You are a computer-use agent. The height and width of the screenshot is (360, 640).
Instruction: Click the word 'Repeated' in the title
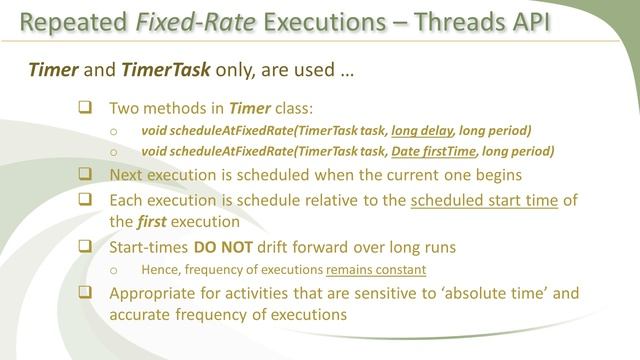point(73,22)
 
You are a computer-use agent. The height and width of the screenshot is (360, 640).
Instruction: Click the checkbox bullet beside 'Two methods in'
point(85,108)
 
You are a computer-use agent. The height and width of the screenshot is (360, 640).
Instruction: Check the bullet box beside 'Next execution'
point(85,174)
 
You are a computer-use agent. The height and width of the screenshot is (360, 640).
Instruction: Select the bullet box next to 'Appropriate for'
point(85,293)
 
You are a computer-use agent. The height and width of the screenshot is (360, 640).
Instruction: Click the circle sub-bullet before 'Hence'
point(115,270)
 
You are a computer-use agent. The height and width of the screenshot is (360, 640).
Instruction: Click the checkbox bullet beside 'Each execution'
point(85,200)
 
